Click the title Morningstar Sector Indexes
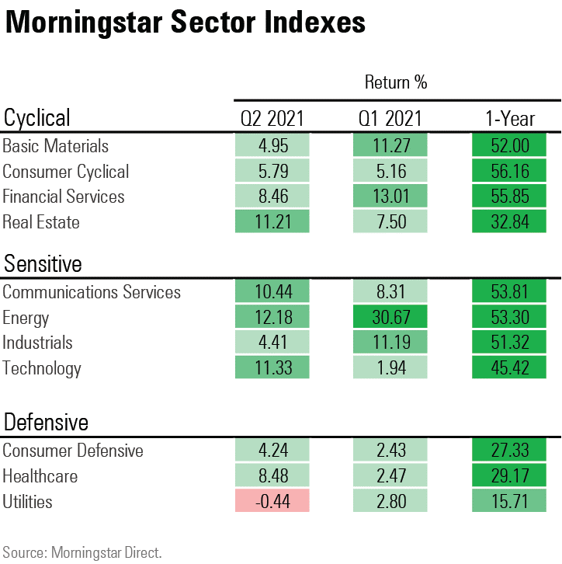point(185,23)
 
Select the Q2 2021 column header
point(272,118)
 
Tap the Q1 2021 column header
point(390,118)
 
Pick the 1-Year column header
point(509,118)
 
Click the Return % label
point(396,82)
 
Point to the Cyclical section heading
point(37,117)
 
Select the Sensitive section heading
point(43,264)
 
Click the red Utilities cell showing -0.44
point(272,502)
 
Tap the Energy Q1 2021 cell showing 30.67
point(390,318)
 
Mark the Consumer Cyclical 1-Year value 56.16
point(509,172)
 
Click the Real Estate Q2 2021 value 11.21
point(272,222)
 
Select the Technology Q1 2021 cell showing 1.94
point(390,368)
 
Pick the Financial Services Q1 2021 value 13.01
point(390,197)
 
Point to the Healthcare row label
point(40,476)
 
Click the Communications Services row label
point(92,292)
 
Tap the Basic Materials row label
point(56,146)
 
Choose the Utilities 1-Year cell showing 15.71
point(509,502)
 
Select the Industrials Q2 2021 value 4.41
point(272,343)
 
